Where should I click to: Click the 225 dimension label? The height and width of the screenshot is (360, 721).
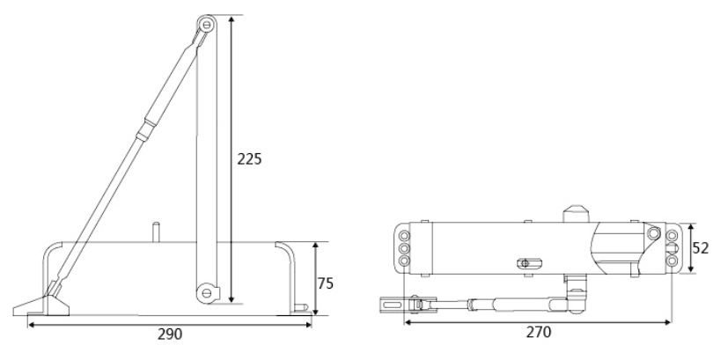pyautogui.click(x=249, y=159)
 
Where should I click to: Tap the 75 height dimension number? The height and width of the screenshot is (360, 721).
pyautogui.click(x=325, y=283)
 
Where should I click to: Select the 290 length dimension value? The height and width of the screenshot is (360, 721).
pyautogui.click(x=170, y=334)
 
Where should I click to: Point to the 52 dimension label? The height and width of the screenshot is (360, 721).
pyautogui.click(x=701, y=248)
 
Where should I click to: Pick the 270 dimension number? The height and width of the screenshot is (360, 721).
pyautogui.click(x=539, y=332)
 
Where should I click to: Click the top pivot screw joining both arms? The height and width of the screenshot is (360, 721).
pyautogui.click(x=207, y=24)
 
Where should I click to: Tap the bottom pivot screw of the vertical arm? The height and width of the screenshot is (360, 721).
pyautogui.click(x=207, y=292)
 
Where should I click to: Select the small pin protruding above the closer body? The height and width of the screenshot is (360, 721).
pyautogui.click(x=157, y=232)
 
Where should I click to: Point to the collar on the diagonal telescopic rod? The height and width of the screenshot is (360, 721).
pyautogui.click(x=143, y=130)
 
